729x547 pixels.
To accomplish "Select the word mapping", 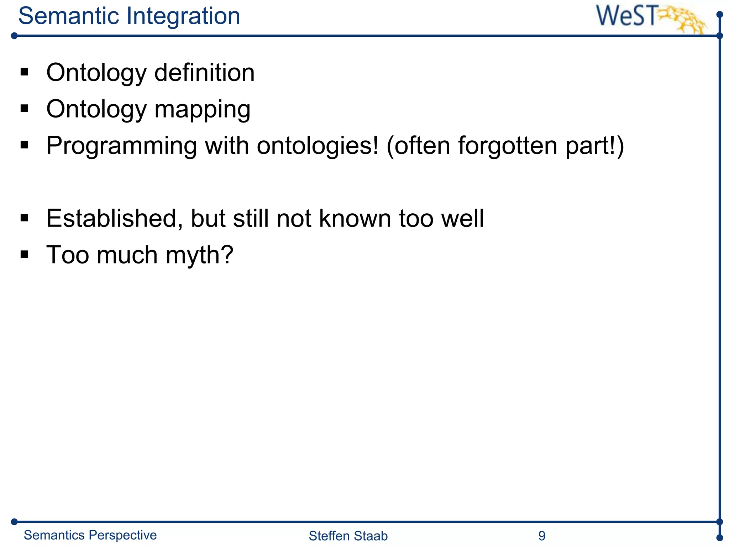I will click(x=202, y=110).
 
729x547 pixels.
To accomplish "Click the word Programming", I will click(x=121, y=146).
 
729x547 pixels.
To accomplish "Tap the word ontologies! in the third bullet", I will click(x=318, y=146).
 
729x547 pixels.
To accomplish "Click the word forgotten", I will click(x=508, y=146).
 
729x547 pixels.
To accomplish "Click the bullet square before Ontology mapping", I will click(x=24, y=108).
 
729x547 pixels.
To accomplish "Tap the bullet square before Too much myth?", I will click(x=24, y=254).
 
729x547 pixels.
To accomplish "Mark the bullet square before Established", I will click(x=24, y=217).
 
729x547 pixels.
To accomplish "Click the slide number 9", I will click(x=542, y=536).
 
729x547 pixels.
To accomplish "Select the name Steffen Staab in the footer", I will click(x=348, y=536).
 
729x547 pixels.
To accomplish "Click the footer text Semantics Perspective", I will click(x=90, y=535).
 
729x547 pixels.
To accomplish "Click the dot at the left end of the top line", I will click(x=14, y=36).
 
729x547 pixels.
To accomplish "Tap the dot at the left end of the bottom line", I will click(x=14, y=522).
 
